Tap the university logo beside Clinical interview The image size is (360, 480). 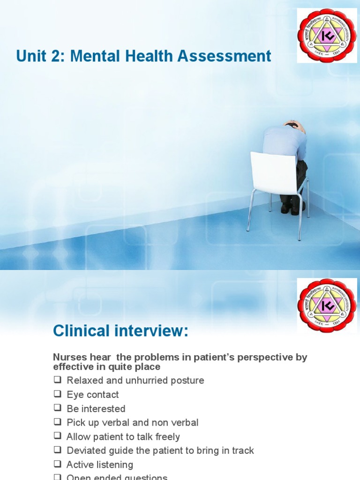click(326, 306)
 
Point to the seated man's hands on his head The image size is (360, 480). click(292, 125)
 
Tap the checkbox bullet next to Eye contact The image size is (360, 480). click(57, 394)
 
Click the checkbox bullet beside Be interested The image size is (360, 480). click(57, 408)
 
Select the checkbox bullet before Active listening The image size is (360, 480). click(57, 465)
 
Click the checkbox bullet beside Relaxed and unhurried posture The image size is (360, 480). click(57, 380)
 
